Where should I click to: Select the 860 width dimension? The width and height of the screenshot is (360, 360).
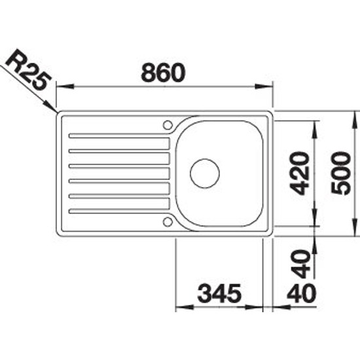162,73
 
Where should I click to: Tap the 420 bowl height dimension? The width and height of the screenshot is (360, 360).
302,173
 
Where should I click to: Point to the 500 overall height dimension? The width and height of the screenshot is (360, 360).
341,173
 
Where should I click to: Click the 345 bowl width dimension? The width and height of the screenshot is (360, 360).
219,293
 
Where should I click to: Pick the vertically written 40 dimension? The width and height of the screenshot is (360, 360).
302,264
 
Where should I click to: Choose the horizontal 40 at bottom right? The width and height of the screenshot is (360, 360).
302,293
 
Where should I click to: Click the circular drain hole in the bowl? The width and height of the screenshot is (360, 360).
205,173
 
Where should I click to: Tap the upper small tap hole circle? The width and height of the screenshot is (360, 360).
168,125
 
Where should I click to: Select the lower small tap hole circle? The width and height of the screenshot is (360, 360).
168,221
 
